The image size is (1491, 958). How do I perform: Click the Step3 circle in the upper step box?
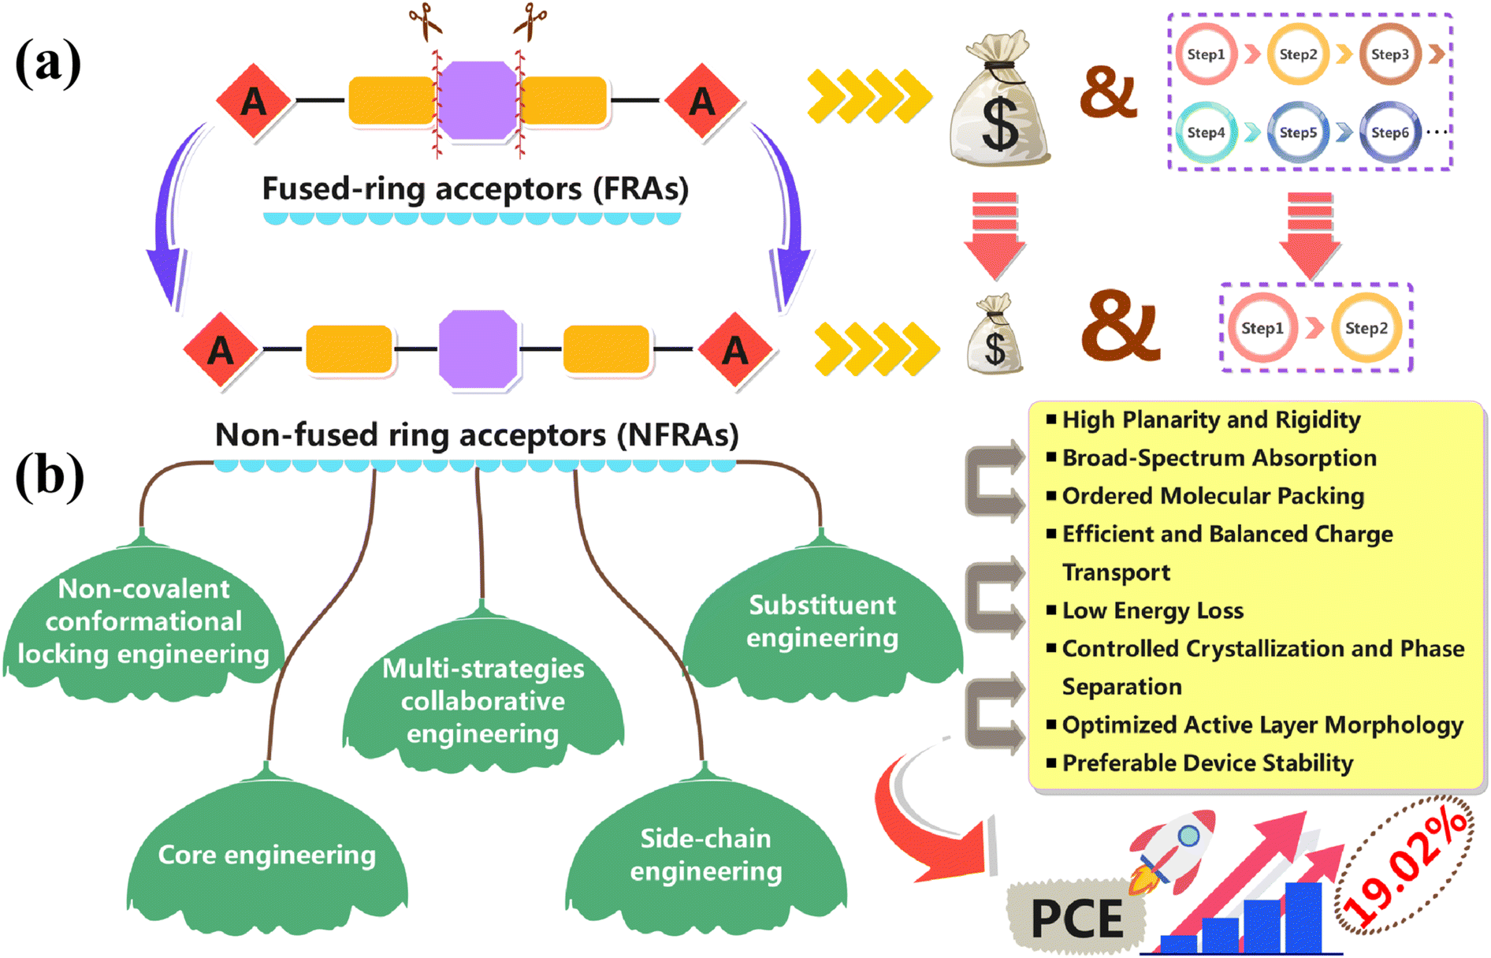1389,54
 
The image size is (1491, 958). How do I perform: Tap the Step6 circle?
1389,132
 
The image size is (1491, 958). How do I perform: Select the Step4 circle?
1206,132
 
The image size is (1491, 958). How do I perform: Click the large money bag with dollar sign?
999,99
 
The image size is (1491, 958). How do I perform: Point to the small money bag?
995,334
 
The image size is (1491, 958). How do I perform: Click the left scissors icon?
426,21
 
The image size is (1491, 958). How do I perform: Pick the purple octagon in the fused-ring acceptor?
477,101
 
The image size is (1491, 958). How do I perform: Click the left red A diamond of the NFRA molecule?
221,349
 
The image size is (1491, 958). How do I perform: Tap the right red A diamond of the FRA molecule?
702,101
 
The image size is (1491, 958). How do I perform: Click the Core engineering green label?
267,855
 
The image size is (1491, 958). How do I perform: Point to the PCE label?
1076,919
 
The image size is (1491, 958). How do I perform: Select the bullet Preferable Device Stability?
1207,763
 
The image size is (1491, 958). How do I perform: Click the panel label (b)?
49,477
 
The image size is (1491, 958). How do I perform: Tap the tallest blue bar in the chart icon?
1303,918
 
